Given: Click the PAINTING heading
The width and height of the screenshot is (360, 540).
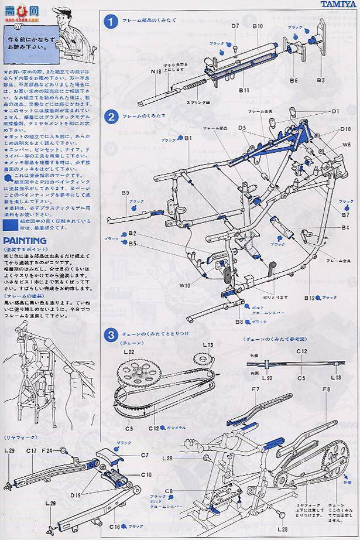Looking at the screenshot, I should (x=25, y=241).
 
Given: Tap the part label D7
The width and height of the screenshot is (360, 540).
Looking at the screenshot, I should (x=235, y=26).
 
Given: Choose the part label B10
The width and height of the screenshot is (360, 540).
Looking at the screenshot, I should (x=258, y=26).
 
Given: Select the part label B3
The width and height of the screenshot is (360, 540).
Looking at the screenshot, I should (x=320, y=79).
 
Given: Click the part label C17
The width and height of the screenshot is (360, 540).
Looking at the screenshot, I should (x=31, y=451).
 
